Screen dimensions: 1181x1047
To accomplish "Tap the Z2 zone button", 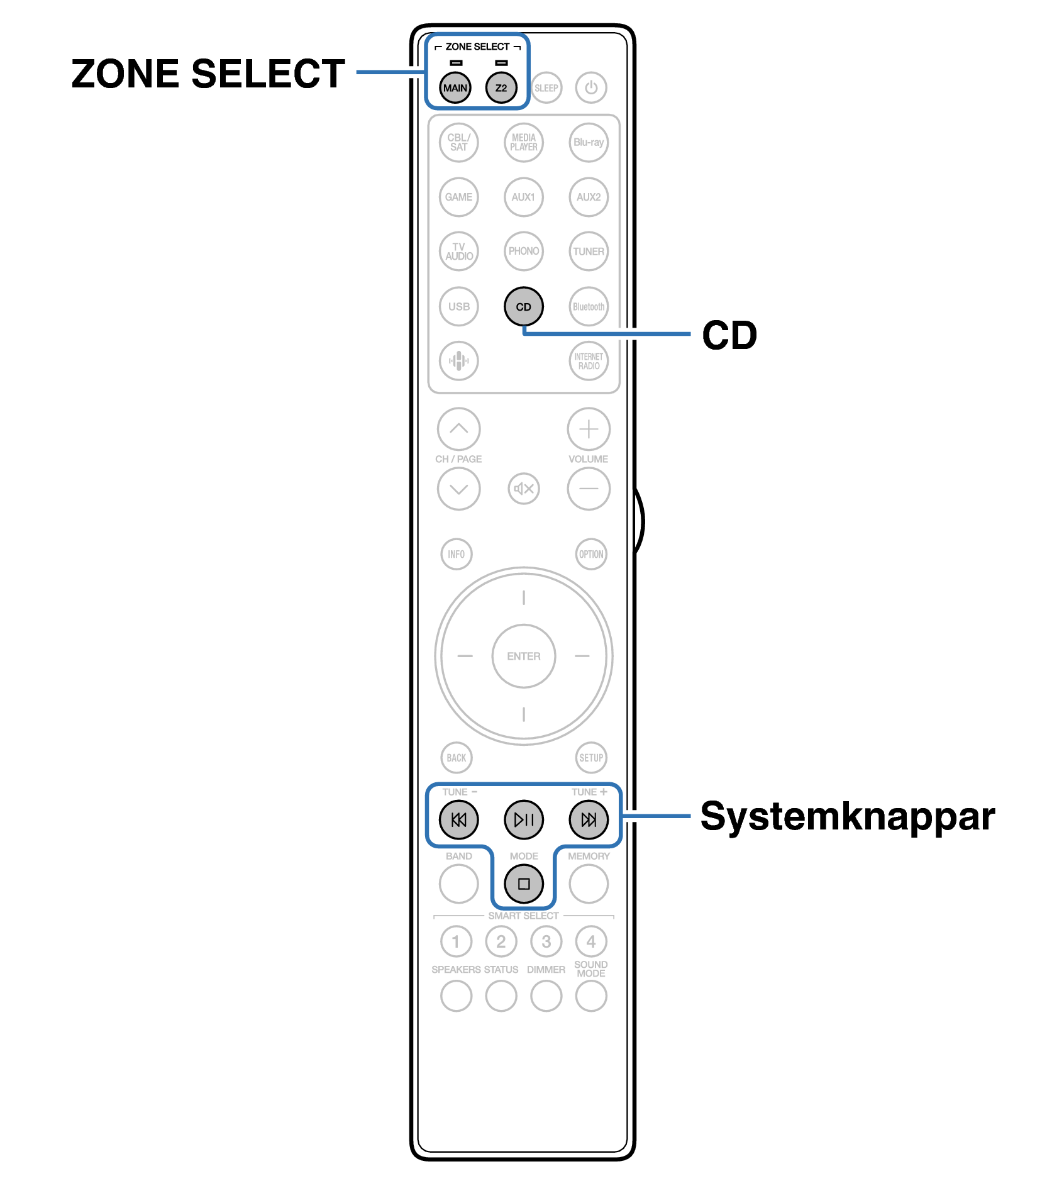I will point(501,88).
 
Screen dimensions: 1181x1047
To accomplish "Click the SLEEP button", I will point(546,88).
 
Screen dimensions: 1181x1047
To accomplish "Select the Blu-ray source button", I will point(588,142).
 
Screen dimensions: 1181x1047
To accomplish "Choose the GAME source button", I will point(458,197).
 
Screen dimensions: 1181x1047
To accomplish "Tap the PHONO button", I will point(523,251).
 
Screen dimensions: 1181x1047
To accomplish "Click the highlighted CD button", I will point(523,307).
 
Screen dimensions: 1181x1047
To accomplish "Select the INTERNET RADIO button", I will point(588,361).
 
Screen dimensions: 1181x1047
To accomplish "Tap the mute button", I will point(523,489).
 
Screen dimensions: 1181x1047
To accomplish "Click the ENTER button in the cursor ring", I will point(523,656).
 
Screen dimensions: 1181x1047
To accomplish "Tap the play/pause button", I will point(523,819).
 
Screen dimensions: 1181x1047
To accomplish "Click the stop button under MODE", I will point(523,884).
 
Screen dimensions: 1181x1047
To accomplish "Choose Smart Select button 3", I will point(546,941).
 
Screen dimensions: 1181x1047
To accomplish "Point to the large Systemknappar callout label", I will point(847,816).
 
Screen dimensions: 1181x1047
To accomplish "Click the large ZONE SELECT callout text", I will point(208,74).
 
